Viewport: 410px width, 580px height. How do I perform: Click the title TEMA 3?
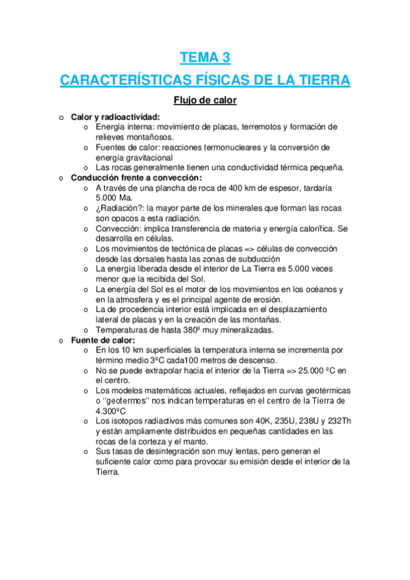(x=205, y=57)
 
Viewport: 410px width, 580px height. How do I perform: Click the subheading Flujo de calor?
(x=205, y=101)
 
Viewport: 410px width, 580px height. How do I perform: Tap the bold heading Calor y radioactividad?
(x=116, y=117)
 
